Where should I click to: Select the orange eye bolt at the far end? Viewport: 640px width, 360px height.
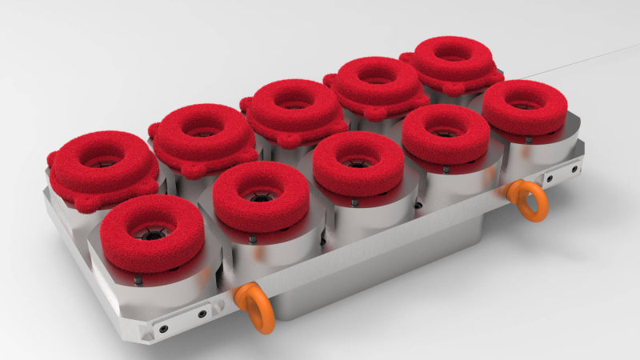(x=527, y=200)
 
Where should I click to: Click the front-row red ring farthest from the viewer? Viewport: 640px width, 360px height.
(x=525, y=106)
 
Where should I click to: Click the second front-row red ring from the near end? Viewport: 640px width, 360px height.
(x=262, y=197)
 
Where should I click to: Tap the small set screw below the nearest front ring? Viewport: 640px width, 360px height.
(x=139, y=279)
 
